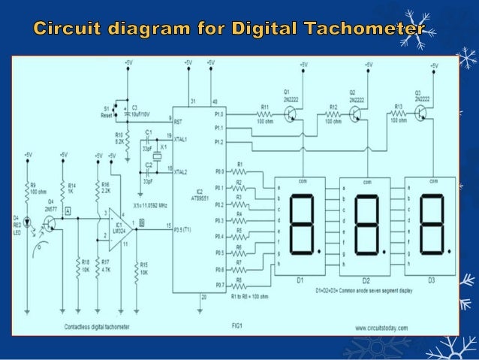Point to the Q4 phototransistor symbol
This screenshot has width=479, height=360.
point(50,222)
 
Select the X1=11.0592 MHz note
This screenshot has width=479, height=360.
point(149,204)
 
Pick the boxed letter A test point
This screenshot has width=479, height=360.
point(68,212)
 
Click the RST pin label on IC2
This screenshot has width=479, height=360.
point(178,120)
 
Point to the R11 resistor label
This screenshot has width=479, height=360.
point(264,106)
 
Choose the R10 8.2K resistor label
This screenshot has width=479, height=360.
point(119,139)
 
